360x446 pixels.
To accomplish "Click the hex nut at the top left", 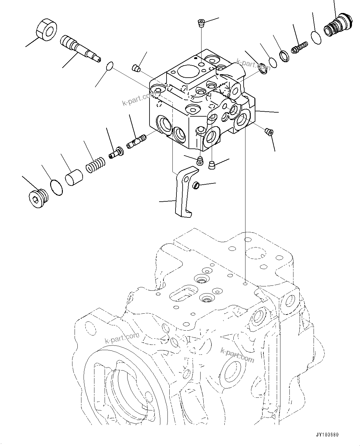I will [46, 30].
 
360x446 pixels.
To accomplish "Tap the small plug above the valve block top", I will [201, 23].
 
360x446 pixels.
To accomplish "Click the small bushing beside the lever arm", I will [196, 186].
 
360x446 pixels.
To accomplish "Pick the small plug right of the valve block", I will [269, 132].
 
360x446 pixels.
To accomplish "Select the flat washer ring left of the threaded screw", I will [284, 56].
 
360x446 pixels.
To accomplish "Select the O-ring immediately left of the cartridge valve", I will [315, 38].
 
